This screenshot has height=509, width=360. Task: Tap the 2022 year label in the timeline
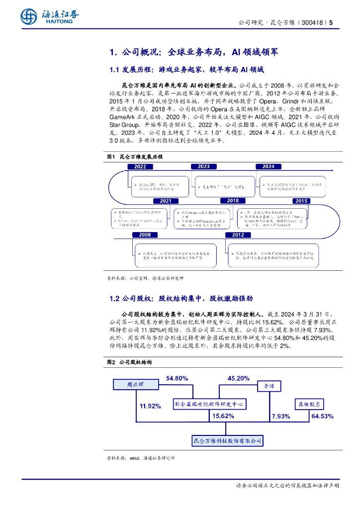point(140,167)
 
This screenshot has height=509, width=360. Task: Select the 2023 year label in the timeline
point(203,167)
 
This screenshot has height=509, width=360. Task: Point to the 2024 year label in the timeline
point(269,167)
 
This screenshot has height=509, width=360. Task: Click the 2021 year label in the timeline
point(166,201)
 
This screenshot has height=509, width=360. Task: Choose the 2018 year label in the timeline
point(233,201)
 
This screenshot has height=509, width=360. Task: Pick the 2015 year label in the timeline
point(301,201)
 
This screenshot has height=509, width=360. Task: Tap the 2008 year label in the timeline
point(145,235)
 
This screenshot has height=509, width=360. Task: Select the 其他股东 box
point(310,404)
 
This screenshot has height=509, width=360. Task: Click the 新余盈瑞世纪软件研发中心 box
point(209,404)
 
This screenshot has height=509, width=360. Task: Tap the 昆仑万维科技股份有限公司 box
point(227,440)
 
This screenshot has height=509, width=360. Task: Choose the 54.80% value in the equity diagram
point(177,379)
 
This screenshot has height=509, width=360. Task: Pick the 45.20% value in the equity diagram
point(239,379)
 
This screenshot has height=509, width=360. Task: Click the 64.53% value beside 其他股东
point(322,416)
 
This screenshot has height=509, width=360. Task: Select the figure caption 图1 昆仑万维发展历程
point(135,157)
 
